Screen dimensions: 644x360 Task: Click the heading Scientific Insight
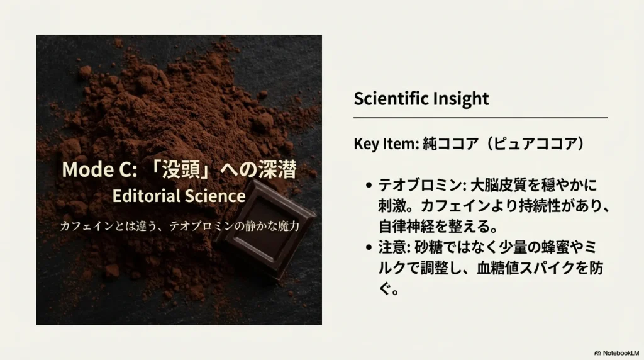(421, 99)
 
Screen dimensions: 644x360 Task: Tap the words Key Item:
(386, 144)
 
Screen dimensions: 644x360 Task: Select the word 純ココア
(451, 144)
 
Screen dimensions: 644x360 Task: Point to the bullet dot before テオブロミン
(369, 185)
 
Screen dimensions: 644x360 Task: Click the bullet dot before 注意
(369, 247)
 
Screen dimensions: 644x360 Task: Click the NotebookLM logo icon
(597, 353)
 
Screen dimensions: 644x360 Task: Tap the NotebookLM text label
(621, 353)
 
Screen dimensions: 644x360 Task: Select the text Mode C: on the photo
(99, 169)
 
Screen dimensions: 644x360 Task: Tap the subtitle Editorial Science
(179, 196)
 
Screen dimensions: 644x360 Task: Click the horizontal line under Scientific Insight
(480, 118)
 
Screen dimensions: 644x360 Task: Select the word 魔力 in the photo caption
(289, 226)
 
